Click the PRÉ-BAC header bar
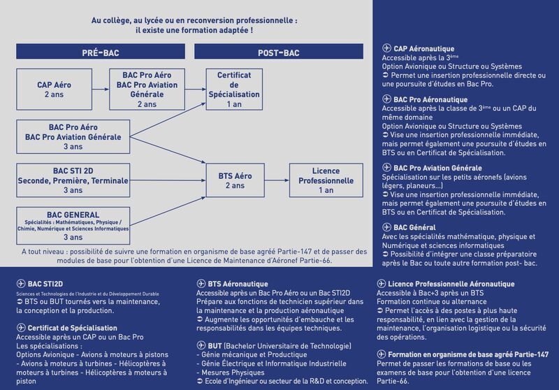[x=101, y=52]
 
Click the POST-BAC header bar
[x=279, y=52]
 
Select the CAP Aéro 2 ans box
[x=55, y=89]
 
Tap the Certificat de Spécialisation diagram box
[x=234, y=89]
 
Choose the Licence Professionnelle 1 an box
[x=326, y=180]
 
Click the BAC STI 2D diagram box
[x=73, y=180]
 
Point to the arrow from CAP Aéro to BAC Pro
[x=100, y=89]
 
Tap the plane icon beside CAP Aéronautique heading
[x=387, y=48]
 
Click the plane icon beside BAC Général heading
[x=387, y=228]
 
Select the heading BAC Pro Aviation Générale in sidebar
[x=437, y=168]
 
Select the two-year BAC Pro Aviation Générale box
[x=147, y=89]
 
